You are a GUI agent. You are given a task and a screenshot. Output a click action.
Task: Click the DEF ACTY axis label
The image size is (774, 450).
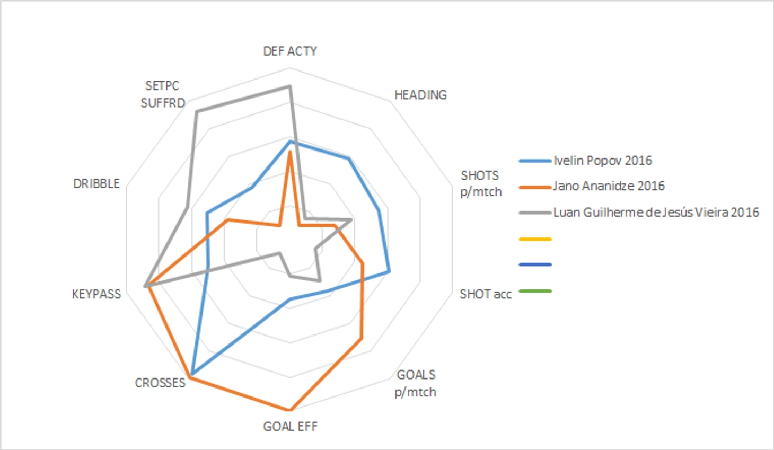coord(290,51)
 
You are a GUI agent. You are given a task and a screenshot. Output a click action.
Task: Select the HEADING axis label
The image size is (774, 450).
coord(420,95)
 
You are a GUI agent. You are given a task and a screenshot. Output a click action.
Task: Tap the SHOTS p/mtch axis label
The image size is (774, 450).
coord(480,183)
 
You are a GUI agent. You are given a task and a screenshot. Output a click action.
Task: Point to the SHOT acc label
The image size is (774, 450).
coord(485,294)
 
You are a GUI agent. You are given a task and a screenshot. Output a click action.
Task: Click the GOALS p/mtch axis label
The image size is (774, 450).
coord(416,383)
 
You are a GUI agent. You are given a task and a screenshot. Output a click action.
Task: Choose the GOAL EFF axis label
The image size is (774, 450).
coord(290,427)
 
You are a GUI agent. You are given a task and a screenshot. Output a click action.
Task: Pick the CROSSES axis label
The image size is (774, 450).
coord(160,383)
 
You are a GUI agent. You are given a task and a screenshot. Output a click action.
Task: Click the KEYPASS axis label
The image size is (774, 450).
coord(96,294)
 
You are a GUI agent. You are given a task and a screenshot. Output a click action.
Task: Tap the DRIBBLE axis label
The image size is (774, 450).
coord(96,183)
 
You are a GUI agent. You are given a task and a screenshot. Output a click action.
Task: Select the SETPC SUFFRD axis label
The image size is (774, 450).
coord(163,94)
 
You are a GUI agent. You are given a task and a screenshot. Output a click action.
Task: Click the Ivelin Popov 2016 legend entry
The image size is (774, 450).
coord(602,161)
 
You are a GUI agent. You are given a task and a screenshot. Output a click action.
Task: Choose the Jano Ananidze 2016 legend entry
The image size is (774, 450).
coord(608,186)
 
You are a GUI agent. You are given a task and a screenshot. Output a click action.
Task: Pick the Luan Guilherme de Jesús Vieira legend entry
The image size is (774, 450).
coord(656,213)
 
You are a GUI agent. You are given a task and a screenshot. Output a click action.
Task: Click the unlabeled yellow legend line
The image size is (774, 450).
coord(535,239)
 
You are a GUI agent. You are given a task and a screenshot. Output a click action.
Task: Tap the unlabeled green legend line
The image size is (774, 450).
coord(535,291)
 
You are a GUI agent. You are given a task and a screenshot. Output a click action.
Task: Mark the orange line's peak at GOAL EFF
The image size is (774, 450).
coord(290,410)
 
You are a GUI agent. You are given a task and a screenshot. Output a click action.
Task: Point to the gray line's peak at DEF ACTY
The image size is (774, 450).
coord(290,86)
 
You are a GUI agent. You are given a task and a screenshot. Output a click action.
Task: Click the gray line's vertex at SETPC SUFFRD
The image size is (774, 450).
coord(196,111)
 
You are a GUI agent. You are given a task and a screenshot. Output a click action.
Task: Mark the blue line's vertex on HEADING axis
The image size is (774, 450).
coord(349,158)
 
